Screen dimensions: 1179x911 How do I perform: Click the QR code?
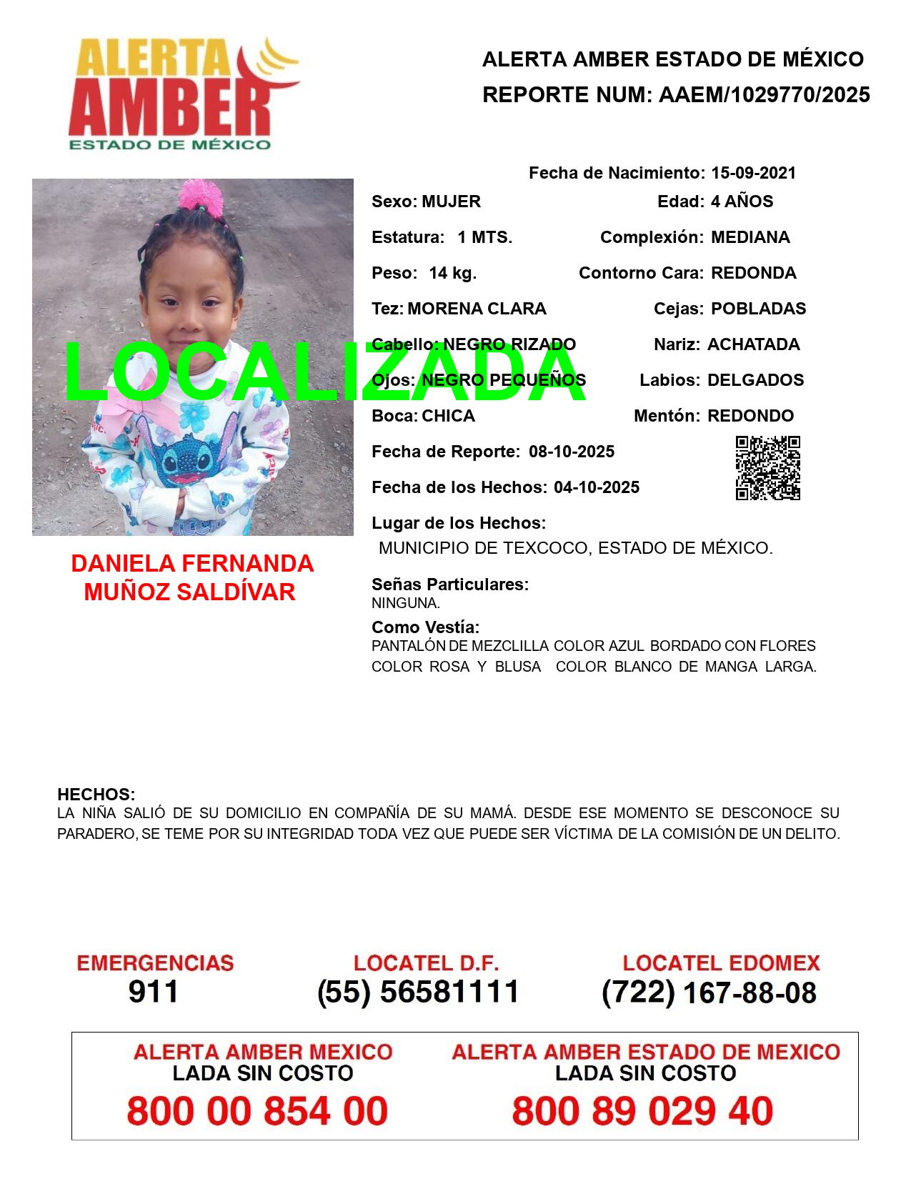[768, 468]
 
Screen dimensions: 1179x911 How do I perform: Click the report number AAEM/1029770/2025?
[764, 95]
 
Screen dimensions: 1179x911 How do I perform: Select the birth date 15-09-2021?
[753, 173]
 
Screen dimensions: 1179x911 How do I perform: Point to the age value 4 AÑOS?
[742, 202]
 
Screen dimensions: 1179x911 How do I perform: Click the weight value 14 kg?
[452, 273]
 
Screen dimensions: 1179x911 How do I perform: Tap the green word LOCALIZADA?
[325, 372]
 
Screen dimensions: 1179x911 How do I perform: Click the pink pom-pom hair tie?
[195, 194]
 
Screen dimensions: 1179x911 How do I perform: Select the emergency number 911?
[154, 992]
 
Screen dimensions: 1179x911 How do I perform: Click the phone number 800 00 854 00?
[257, 1111]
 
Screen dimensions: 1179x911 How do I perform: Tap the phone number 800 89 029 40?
[642, 1111]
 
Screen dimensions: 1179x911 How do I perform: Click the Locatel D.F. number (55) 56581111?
[419, 992]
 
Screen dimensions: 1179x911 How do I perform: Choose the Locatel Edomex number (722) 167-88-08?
[709, 993]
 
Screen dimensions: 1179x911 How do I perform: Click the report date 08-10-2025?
[572, 452]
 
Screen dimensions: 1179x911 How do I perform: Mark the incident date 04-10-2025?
[597, 487]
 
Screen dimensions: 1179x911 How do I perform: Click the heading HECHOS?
[96, 795]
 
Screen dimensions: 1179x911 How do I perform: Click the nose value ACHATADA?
[753, 344]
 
